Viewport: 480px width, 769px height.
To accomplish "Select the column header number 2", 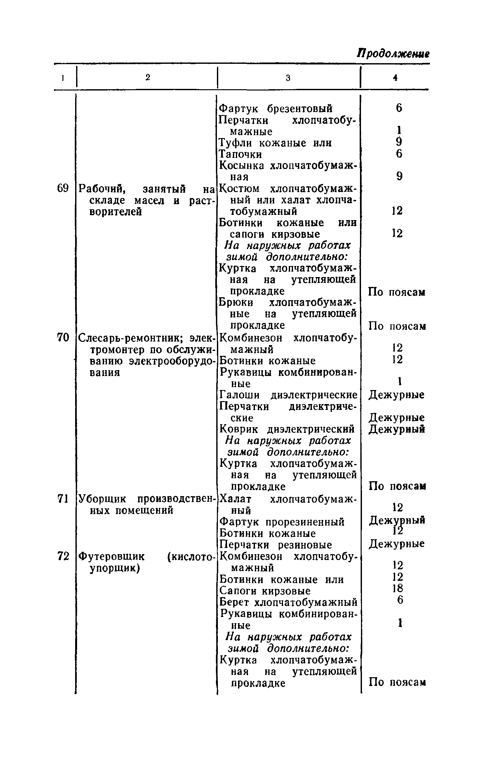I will pos(148,77).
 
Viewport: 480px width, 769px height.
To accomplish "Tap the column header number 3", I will pos(288,78).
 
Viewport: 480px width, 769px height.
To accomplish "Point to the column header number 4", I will pos(395,77).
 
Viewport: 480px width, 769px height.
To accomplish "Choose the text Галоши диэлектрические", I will pos(288,395).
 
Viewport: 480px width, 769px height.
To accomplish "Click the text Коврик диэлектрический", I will pos(287,430).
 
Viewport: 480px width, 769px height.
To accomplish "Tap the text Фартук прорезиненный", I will pos(282,522).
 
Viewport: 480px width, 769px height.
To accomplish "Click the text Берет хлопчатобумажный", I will pos(288,602).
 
